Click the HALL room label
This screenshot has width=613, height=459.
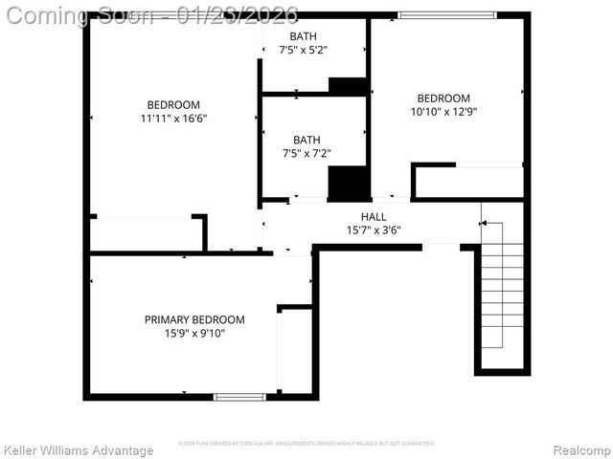[374, 217]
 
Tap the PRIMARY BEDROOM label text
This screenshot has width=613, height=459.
[194, 319]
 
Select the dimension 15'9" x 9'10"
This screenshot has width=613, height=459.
[194, 333]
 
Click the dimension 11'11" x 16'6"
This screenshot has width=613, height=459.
[173, 119]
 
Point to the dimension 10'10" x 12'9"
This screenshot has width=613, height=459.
[443, 111]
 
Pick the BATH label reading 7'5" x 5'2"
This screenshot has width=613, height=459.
[306, 50]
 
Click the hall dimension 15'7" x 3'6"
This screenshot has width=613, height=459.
[374, 229]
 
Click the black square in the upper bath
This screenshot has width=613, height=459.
[348, 86]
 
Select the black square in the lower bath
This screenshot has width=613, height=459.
[349, 183]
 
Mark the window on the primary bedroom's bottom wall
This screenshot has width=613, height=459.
[239, 396]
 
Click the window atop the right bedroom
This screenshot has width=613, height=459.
[447, 15]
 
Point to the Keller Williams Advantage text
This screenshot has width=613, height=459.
[79, 450]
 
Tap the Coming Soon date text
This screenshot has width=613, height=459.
[153, 15]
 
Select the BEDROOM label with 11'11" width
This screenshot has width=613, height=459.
[173, 105]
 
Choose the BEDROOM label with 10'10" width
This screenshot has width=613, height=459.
[443, 98]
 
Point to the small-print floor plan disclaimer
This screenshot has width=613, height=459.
[306, 444]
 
